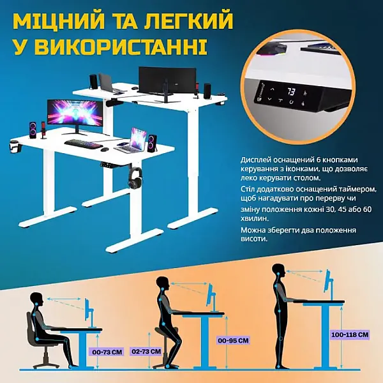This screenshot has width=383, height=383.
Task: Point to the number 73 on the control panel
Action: coord(292,92)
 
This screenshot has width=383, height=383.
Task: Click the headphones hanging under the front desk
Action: coord(135,177)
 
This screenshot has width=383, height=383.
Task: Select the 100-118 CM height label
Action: coord(350,334)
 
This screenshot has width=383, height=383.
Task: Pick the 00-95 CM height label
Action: coord(233,340)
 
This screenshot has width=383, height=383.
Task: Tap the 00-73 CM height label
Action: coord(107,352)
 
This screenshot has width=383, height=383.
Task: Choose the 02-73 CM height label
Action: coord(146,352)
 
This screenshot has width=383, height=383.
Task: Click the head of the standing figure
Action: coord(278,271)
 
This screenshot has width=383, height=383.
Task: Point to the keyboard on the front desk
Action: coord(83,144)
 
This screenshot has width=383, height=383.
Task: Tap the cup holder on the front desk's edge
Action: coord(15,146)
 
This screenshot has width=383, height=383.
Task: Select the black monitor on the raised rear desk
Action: coord(167,80)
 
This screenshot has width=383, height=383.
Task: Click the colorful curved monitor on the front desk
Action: coord(75,114)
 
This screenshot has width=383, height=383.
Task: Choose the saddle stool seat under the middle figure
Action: coord(167,330)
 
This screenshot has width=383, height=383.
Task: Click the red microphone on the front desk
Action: coord(43,130)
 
